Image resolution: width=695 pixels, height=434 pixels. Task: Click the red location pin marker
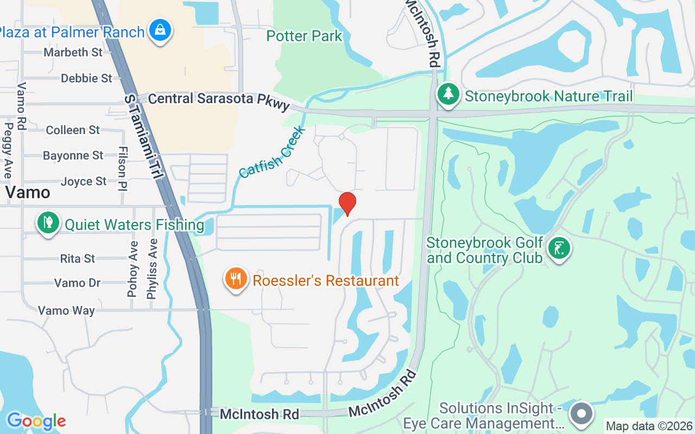click(x=347, y=203)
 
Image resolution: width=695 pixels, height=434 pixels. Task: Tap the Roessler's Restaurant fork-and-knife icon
click(x=235, y=279)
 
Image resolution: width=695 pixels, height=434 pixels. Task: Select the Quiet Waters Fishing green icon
click(x=48, y=223)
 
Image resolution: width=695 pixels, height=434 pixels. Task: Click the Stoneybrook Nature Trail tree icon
click(x=448, y=94)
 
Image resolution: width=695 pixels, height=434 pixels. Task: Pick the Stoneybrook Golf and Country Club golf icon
click(x=559, y=249)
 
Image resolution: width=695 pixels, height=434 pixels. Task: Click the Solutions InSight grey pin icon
click(x=582, y=413)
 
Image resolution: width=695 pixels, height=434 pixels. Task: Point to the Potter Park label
click(x=304, y=36)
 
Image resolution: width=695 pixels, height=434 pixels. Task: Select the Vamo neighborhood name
click(x=28, y=193)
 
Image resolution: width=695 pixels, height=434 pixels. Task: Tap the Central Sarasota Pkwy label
click(x=219, y=100)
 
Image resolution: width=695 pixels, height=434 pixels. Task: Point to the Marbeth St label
click(x=73, y=52)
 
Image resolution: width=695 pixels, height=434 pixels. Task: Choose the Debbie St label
click(x=86, y=78)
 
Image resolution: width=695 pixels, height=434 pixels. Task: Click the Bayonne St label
click(x=73, y=156)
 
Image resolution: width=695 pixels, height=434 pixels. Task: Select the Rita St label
click(x=78, y=258)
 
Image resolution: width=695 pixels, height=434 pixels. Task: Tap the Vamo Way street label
click(x=66, y=310)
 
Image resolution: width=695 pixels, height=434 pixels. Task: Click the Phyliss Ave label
click(x=152, y=269)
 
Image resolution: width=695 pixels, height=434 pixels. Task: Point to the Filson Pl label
click(x=122, y=169)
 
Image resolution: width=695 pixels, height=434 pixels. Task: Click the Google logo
click(x=36, y=421)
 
